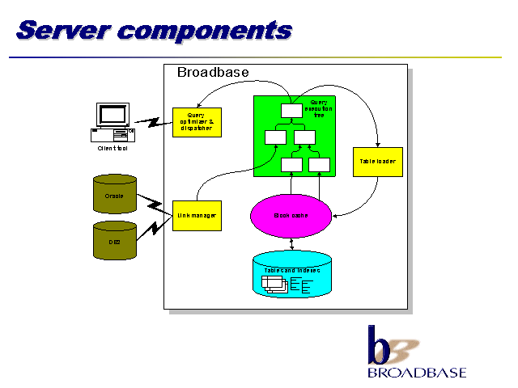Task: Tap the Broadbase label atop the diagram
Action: [213, 73]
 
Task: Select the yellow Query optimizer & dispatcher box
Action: [196, 121]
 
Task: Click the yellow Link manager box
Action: [196, 215]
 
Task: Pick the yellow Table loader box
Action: [377, 162]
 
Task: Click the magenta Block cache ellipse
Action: [291, 215]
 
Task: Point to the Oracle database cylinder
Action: [114, 196]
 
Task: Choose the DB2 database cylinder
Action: [114, 240]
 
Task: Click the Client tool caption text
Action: [113, 148]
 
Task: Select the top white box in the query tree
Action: [291, 111]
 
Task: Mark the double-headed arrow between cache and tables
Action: [291, 242]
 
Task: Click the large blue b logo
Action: [380, 345]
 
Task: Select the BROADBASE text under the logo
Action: [416, 373]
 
